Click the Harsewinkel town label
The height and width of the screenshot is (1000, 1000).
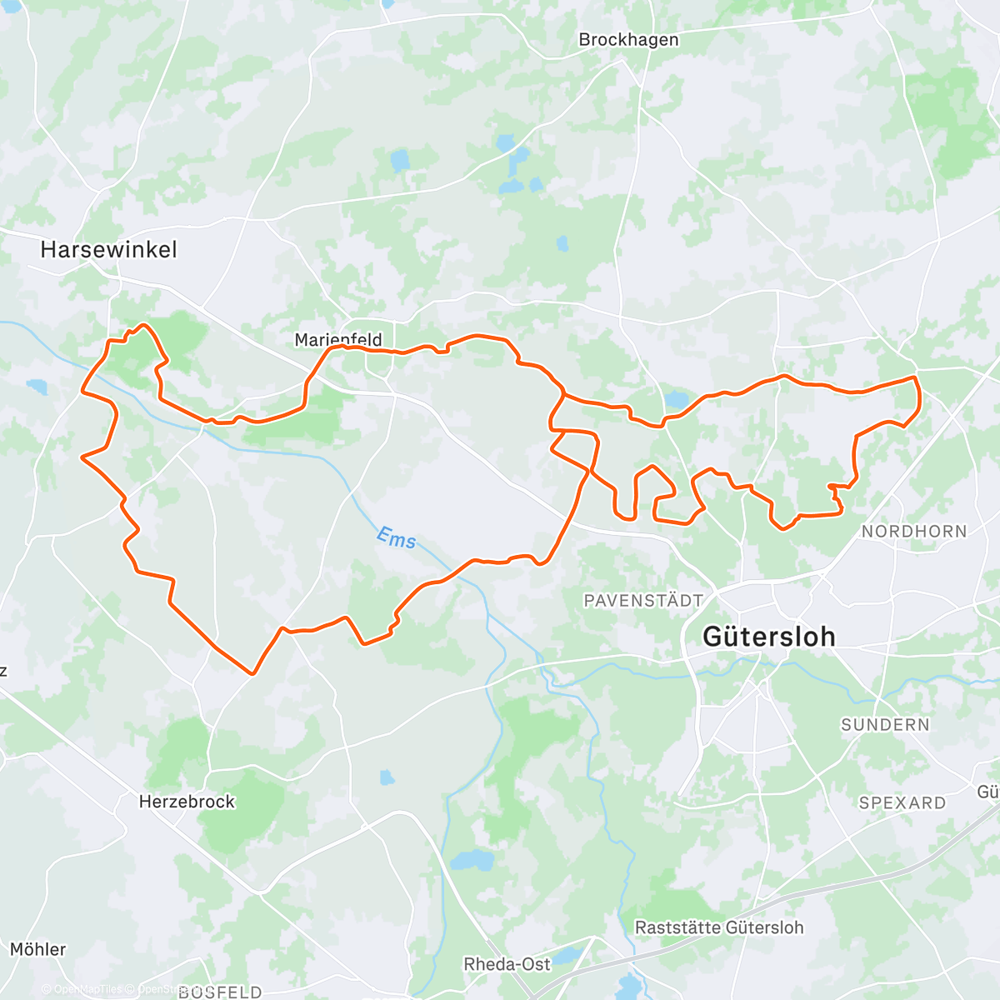108,249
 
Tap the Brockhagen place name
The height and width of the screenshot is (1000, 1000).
628,40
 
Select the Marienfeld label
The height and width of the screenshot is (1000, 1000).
338,340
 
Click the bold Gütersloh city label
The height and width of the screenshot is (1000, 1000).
768,637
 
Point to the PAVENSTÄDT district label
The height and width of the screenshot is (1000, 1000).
643,600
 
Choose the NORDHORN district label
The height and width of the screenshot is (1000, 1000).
914,532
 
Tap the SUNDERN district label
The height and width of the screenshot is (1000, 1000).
885,725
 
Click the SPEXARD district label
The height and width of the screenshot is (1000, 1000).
902,803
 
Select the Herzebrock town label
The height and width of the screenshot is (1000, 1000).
187,802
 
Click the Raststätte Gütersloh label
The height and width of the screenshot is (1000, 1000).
719,927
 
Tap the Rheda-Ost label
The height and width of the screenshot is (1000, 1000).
507,964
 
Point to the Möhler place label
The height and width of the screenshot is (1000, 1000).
37,949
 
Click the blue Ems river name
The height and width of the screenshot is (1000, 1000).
396,538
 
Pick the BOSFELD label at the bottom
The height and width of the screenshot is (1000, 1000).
220,992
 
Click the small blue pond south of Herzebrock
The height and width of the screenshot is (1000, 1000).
387,777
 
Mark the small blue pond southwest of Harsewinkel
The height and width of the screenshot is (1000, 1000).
37,387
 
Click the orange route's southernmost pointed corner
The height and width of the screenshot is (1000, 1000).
252,672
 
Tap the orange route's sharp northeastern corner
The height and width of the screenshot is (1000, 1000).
915,378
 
